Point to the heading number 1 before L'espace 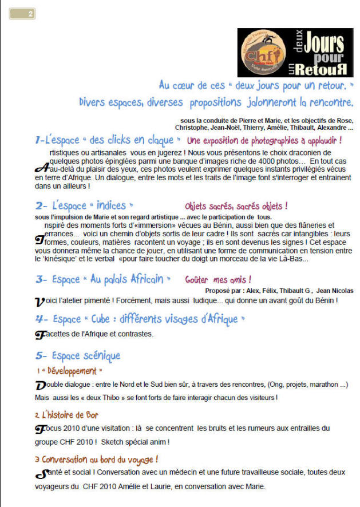[x=38, y=140]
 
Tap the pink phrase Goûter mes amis [x=218, y=280]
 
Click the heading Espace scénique [x=85, y=355]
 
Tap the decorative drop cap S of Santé [x=41, y=474]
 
